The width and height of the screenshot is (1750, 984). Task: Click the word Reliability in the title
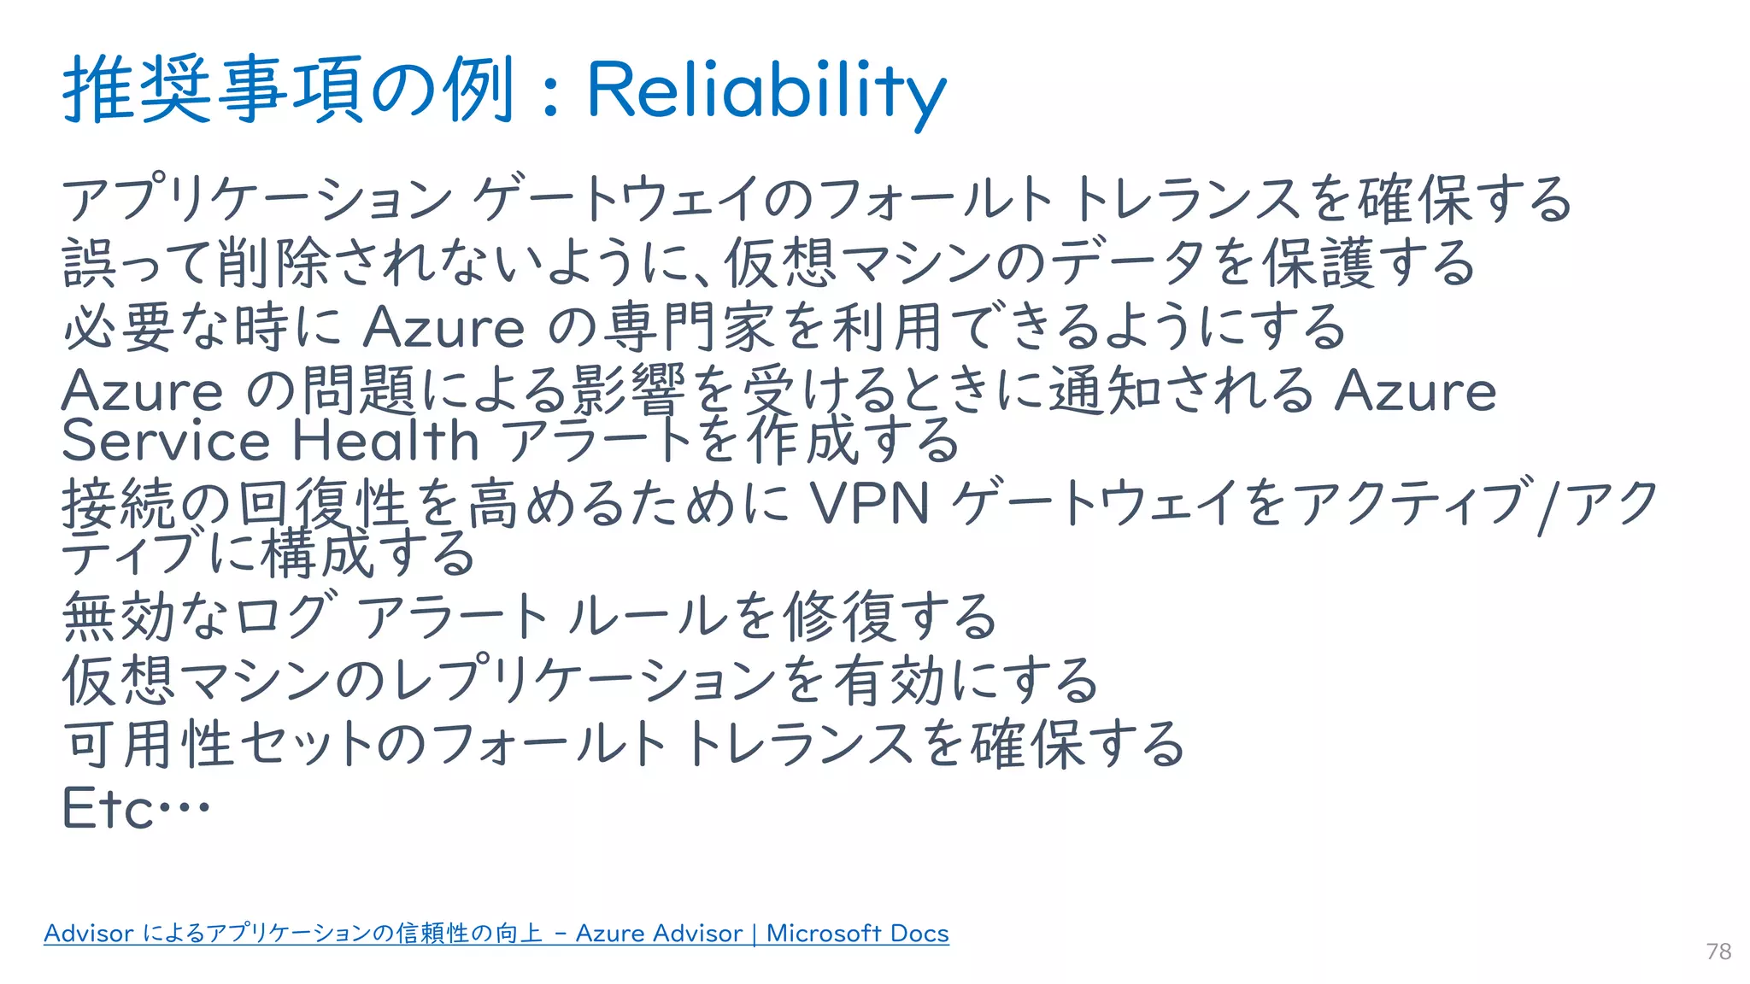point(766,91)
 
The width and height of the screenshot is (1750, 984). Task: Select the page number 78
point(1718,952)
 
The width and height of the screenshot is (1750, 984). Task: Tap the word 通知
point(1105,390)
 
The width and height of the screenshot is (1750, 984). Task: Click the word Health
point(385,442)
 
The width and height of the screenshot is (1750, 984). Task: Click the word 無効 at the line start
point(119,617)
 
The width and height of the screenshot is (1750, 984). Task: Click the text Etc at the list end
point(109,808)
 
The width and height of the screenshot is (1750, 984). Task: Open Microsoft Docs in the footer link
point(857,934)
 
